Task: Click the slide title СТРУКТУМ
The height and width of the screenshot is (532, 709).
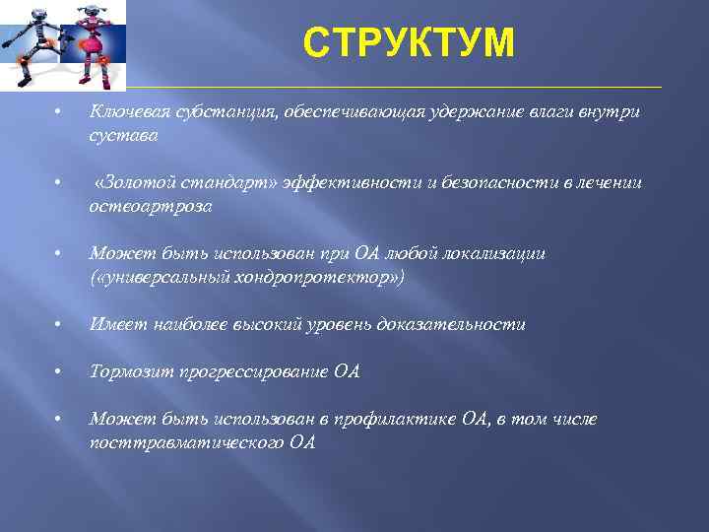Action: point(409,43)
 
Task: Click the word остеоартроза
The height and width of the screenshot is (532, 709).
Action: point(150,207)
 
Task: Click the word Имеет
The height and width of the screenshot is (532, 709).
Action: point(113,324)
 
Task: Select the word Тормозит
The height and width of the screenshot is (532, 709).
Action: point(130,371)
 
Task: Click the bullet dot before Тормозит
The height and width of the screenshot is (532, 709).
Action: point(59,371)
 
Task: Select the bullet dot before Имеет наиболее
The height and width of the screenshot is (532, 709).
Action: point(59,324)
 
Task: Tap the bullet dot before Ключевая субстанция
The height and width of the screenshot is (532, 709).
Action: point(59,112)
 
